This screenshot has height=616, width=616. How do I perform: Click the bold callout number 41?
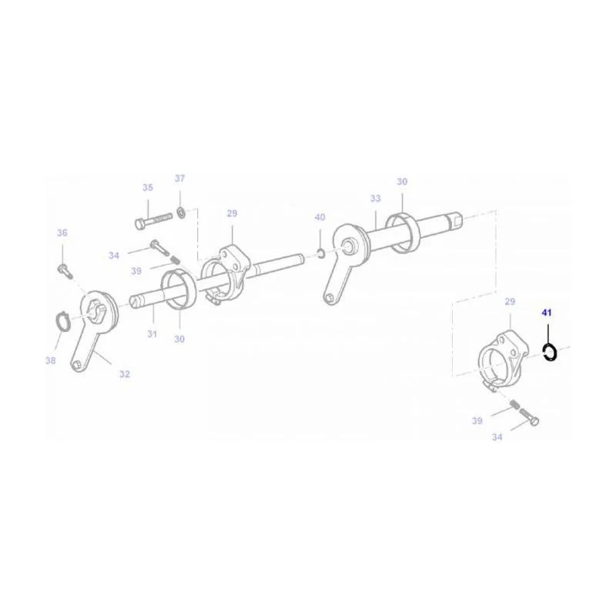547,313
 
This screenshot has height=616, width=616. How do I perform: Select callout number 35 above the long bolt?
148,188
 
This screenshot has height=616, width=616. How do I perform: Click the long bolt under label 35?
153,220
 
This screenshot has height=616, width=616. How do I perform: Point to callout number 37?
179,179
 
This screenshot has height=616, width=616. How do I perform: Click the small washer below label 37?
181,213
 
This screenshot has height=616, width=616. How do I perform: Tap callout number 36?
62,233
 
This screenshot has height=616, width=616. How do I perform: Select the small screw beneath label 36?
65,271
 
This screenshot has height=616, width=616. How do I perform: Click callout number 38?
50,360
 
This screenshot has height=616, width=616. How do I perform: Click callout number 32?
125,374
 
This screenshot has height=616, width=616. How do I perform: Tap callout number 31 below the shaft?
152,334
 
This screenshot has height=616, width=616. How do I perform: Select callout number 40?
320,218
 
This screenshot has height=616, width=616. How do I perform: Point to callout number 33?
376,199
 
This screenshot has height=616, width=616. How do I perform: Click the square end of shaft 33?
457,219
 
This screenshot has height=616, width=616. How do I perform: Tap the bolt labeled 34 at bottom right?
529,417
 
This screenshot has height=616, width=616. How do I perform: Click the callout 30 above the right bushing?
402,182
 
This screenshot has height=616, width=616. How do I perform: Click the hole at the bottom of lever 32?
78,365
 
